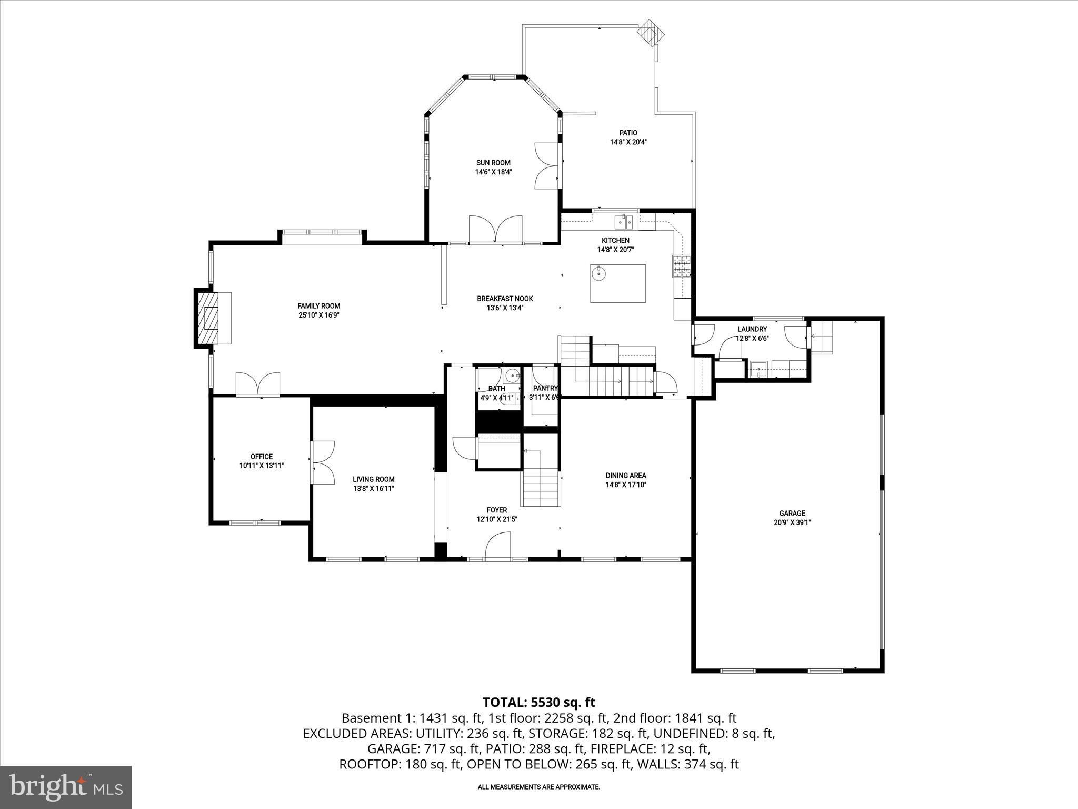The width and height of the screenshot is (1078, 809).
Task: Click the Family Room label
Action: [x=318, y=306]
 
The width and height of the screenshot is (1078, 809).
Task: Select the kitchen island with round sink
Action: [x=617, y=283]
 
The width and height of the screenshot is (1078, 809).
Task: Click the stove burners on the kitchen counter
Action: [x=682, y=266]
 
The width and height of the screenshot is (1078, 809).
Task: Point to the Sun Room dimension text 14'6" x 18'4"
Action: [x=493, y=172]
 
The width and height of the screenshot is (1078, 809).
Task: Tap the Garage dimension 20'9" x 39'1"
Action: [x=792, y=522]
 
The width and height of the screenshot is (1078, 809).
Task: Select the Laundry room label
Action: [x=752, y=329]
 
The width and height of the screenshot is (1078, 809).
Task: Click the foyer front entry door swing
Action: [x=498, y=545]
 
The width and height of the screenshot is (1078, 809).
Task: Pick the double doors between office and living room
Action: [x=323, y=462]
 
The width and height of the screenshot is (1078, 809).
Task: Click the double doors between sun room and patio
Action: [x=546, y=166]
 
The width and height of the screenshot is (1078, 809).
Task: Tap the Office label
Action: [x=262, y=457]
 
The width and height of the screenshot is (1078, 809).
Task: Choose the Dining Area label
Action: [x=625, y=476]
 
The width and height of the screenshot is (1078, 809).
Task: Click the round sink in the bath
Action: [x=511, y=376]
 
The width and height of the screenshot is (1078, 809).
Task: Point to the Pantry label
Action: [x=545, y=389]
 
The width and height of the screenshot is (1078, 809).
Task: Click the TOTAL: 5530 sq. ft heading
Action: [x=538, y=702]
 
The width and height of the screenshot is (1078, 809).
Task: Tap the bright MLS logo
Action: [x=66, y=787]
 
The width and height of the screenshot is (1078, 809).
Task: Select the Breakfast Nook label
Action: [x=505, y=299]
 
